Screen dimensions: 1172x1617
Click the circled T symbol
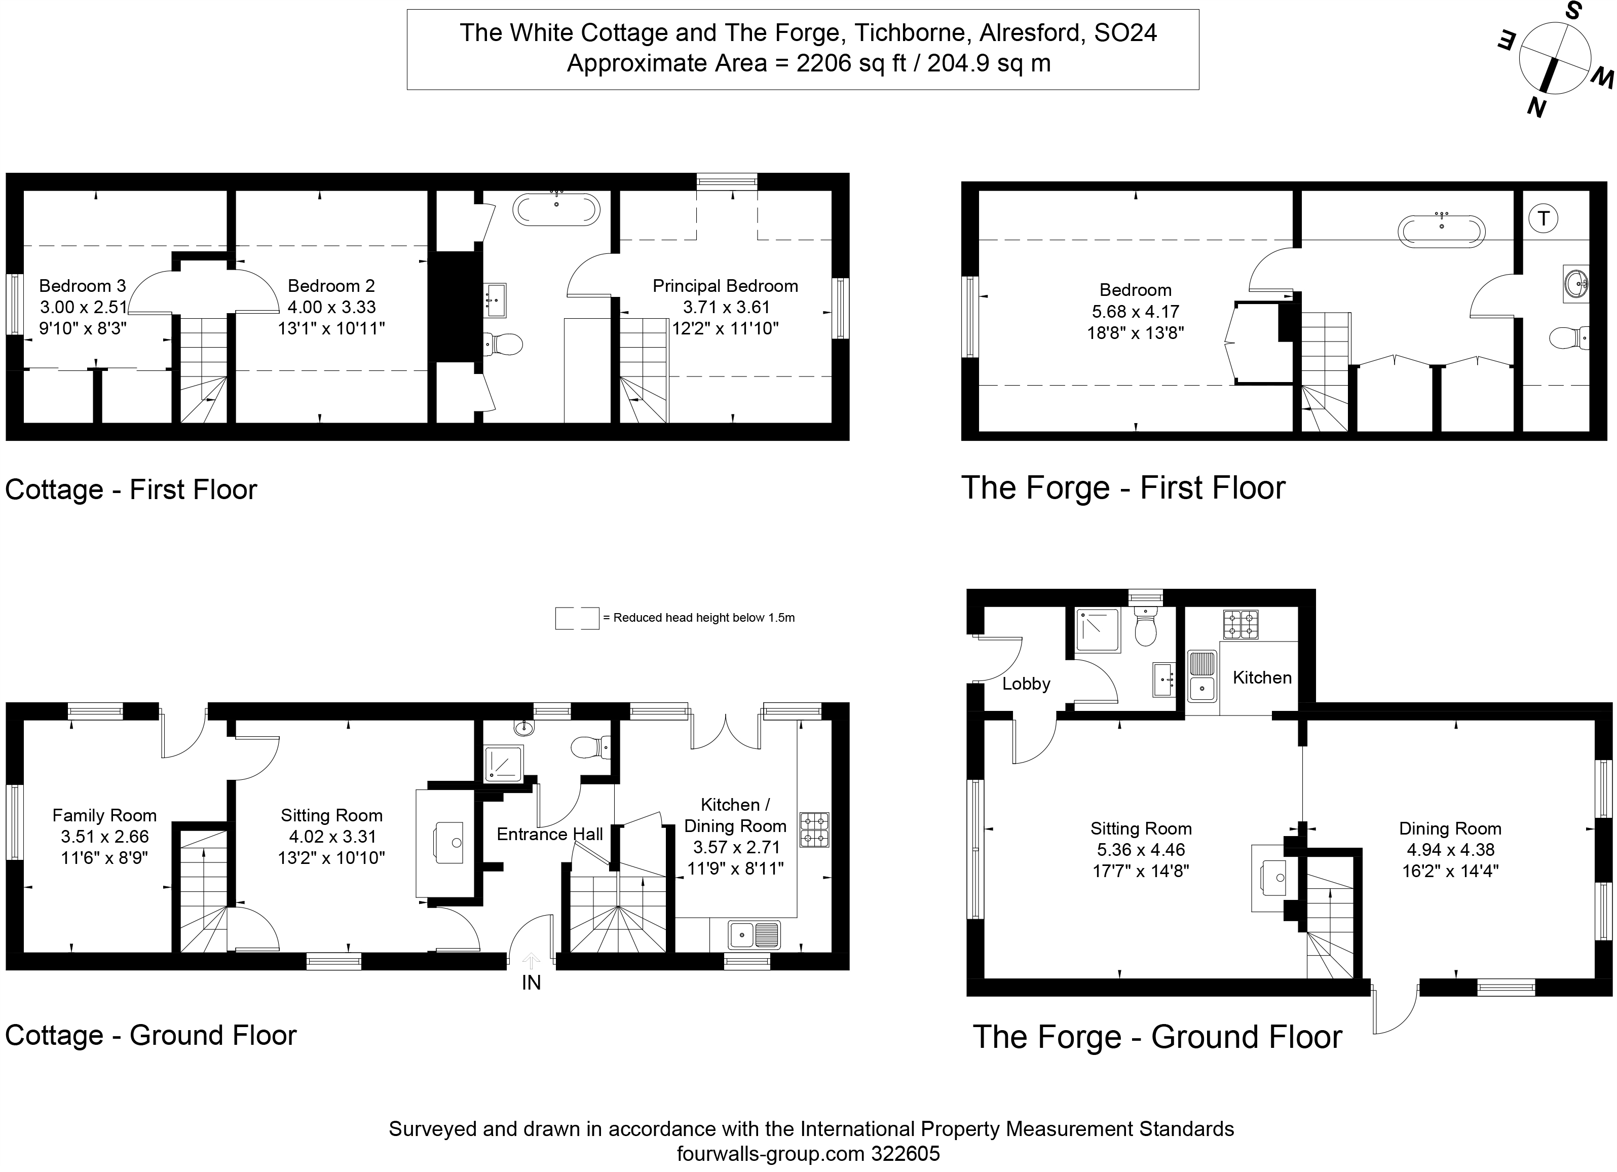1543,218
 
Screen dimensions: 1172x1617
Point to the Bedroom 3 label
82,286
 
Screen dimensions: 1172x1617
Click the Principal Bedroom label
725,286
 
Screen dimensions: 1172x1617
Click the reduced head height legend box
577,618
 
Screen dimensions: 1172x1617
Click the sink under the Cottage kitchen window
754,933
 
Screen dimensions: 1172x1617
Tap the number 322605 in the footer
906,1153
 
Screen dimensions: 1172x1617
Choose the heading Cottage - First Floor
130,490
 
